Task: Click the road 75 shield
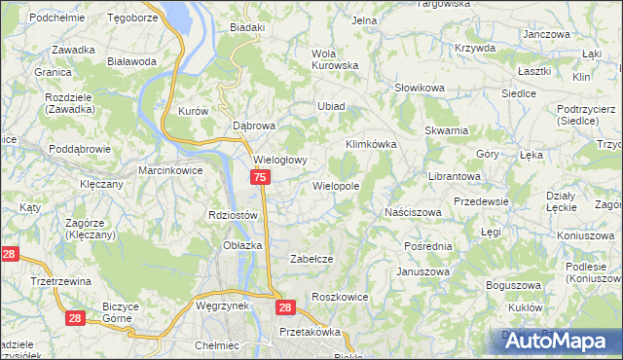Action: coord(260,178)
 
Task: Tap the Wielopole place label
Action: coord(336,185)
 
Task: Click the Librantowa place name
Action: coord(456,176)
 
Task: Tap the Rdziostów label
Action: coord(233,215)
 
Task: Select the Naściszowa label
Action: coord(414,211)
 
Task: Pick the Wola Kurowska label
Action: coord(334,59)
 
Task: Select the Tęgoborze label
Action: coord(132,18)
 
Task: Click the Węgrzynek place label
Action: coord(223,305)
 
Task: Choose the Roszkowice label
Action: coord(339,296)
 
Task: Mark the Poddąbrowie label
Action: coord(82,149)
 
